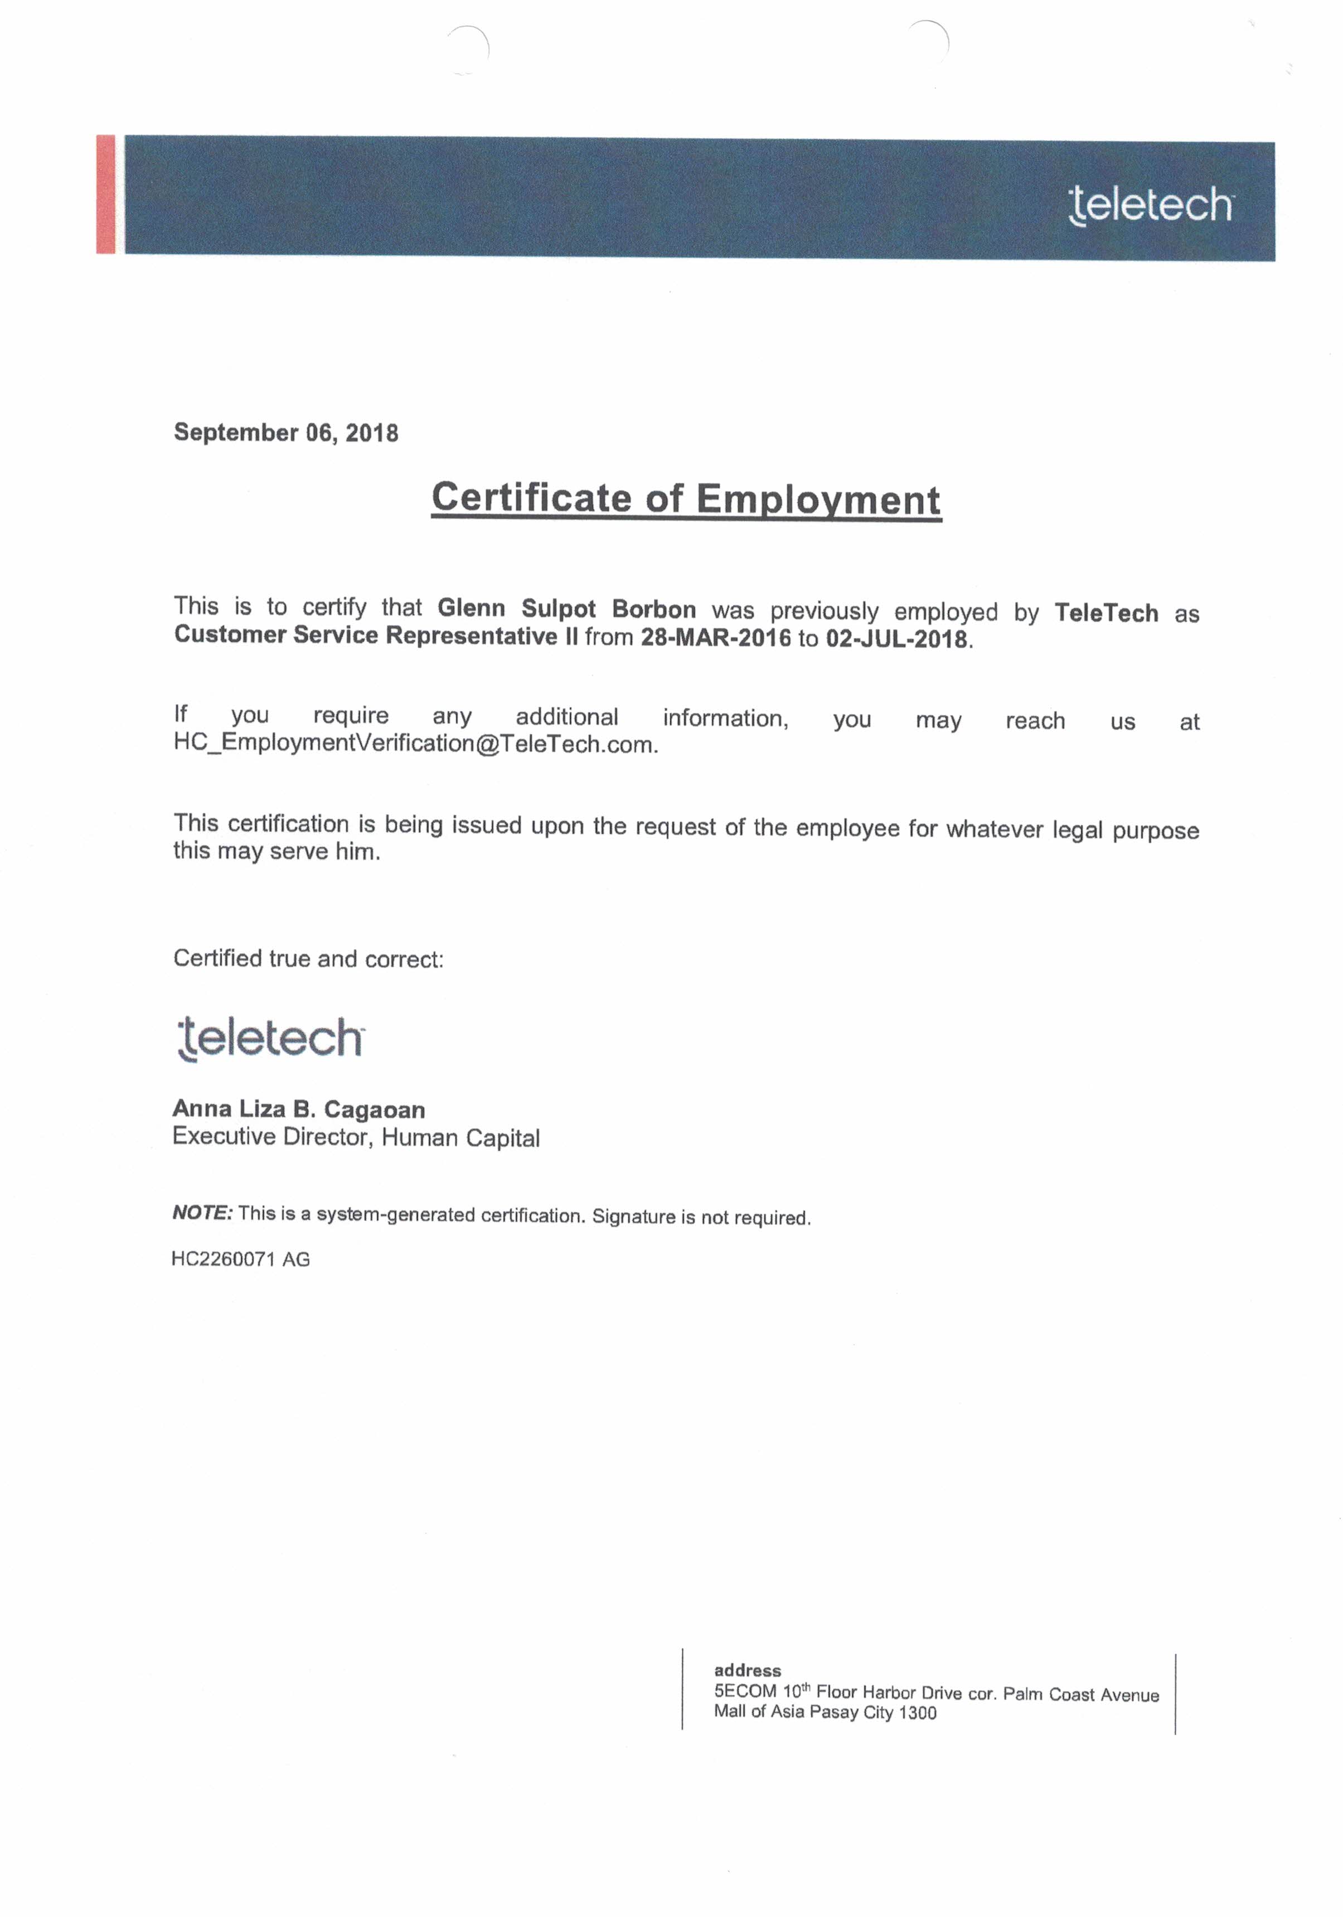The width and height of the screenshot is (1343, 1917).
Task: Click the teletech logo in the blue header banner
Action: coord(1150,205)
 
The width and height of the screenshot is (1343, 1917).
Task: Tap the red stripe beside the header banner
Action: coord(105,194)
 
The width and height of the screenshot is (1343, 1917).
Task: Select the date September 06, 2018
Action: coord(285,432)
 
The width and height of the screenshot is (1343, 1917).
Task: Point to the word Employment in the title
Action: coord(818,500)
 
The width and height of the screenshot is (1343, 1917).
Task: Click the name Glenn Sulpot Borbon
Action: coord(567,609)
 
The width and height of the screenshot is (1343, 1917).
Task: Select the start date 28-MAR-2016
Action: coord(715,638)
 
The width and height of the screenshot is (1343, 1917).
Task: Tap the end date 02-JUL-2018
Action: coord(896,640)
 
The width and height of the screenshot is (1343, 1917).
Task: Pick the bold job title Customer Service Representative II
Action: coord(376,635)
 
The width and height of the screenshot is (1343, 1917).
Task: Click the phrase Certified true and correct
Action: coord(308,958)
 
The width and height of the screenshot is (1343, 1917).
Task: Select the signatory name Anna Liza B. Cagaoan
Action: coord(299,1109)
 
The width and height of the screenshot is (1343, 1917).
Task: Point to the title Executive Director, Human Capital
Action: coord(356,1137)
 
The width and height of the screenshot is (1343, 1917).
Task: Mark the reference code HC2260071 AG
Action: coord(240,1259)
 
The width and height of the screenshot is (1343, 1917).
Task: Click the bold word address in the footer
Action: coord(747,1670)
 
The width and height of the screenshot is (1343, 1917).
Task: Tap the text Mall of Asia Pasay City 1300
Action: coord(825,1712)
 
